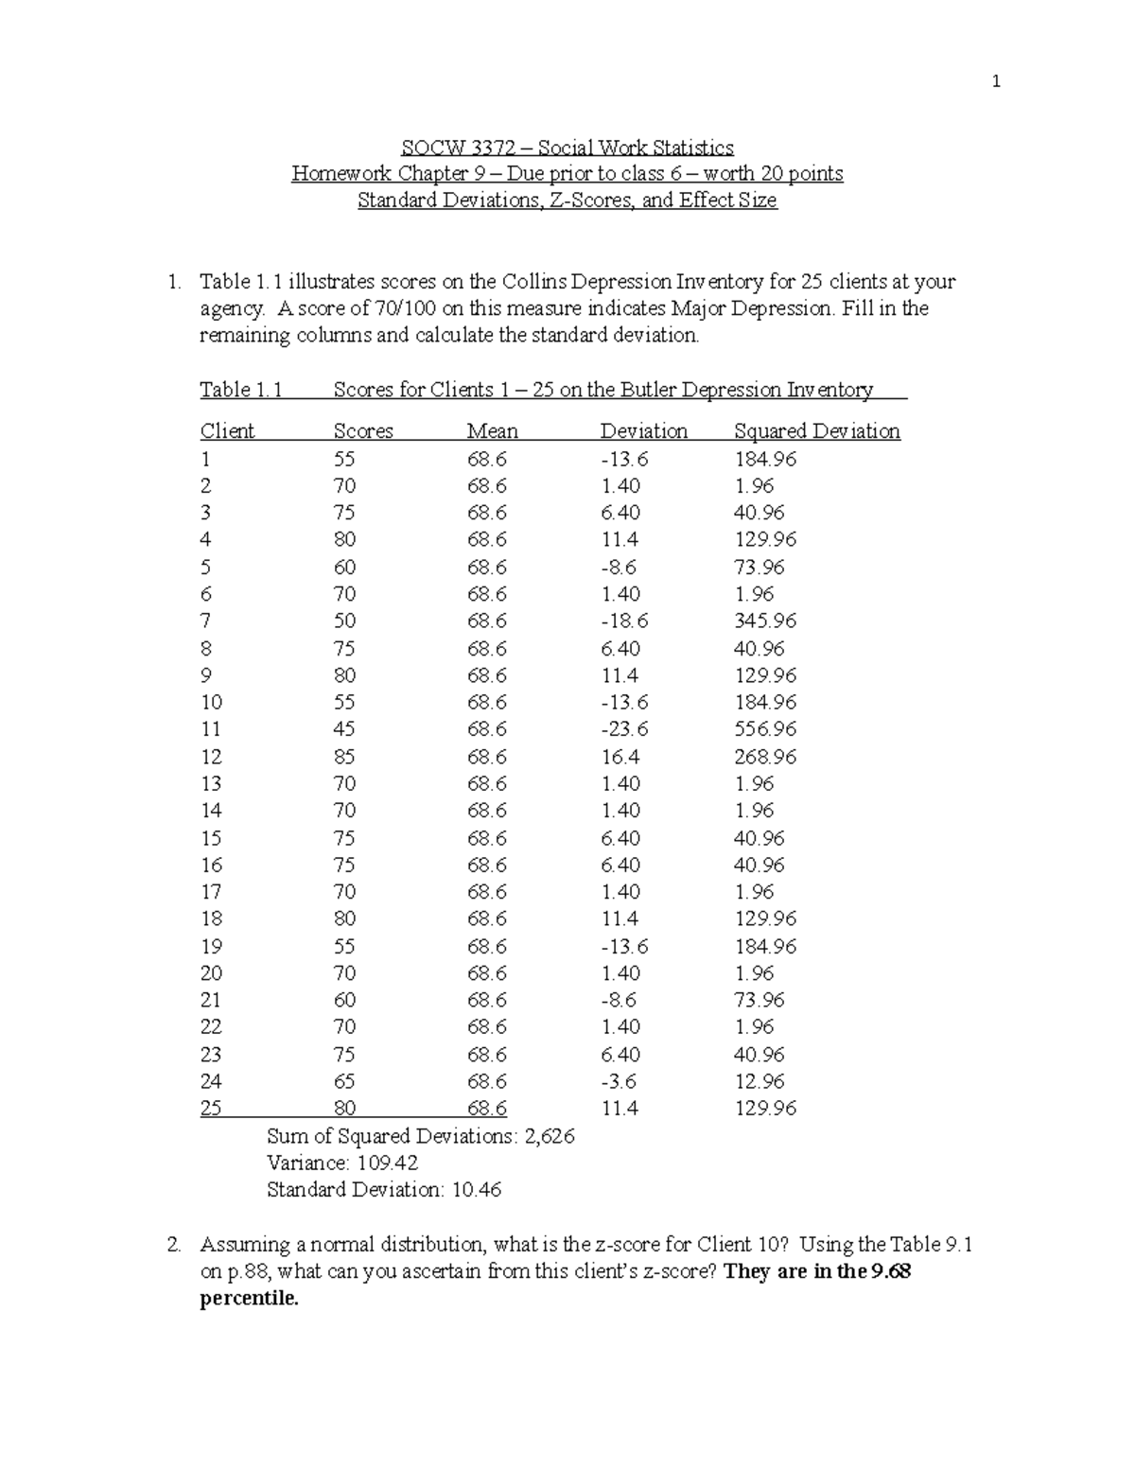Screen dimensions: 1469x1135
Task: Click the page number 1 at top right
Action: (995, 82)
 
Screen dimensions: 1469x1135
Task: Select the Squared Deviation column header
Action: (816, 431)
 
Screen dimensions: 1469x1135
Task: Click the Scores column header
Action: (363, 431)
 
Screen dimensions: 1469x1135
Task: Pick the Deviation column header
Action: (643, 431)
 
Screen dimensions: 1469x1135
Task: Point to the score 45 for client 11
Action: (344, 729)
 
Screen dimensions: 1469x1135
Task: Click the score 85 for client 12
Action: (344, 757)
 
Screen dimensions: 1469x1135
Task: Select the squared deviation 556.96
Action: (765, 729)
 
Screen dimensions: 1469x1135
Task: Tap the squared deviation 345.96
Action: (765, 621)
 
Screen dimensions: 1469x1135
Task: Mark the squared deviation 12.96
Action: (760, 1081)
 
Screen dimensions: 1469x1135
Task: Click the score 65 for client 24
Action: (344, 1081)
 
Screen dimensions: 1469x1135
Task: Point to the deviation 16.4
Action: (620, 757)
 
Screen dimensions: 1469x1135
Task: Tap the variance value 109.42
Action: (386, 1163)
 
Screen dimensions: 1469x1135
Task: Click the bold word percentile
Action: (249, 1299)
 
